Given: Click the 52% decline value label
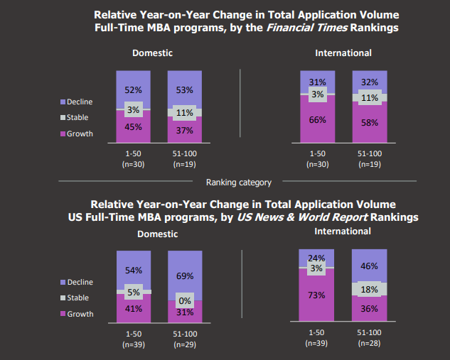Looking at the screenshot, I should coord(134,91).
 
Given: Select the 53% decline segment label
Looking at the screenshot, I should coord(185,90).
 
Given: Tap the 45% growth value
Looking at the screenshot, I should coord(134,128).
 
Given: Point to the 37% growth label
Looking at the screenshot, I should coord(185,130).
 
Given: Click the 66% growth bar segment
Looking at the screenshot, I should coord(317,121).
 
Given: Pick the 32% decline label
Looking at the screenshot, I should coord(370,82).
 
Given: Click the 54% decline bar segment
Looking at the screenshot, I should coord(134,270).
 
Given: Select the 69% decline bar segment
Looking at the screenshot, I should coord(185,276).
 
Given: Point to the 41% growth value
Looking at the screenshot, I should coord(134,310).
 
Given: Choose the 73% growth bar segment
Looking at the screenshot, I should coord(317,295).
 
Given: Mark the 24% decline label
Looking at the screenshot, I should coord(317,258).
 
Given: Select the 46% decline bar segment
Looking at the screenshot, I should coord(370,266).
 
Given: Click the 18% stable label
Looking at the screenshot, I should coord(370,289).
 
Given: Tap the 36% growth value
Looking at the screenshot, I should coord(370,309).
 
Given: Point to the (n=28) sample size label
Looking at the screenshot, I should coord(370,343).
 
